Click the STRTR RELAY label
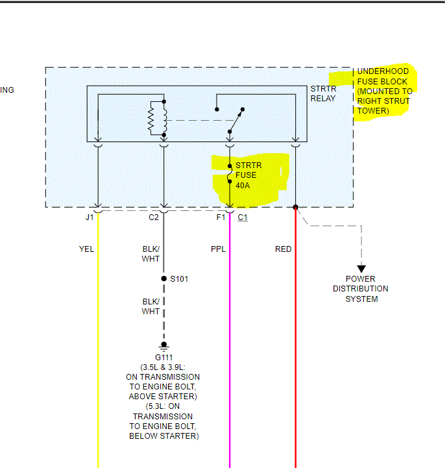tap(322, 93)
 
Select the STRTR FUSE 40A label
tap(247, 175)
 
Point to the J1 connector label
tap(90, 217)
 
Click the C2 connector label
tap(153, 217)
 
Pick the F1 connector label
tap(221, 217)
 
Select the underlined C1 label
tap(242, 217)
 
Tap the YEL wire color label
tap(86, 249)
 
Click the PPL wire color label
tap(218, 249)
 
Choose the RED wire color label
tap(283, 249)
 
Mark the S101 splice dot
tap(163, 279)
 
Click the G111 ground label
tap(163, 358)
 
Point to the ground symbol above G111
tap(163, 346)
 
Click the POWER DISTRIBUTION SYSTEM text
tap(361, 289)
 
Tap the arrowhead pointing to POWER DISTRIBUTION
tap(361, 269)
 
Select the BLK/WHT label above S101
tap(150, 254)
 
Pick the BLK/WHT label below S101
tap(150, 306)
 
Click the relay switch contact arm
tap(235, 120)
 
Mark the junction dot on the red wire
tap(295, 208)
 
